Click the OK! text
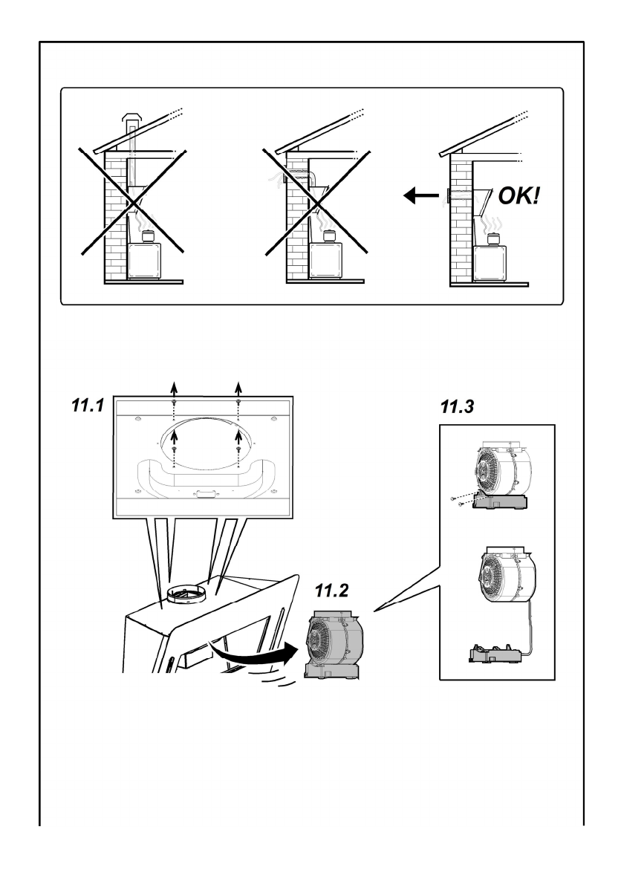click(x=519, y=196)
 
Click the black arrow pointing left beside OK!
click(x=421, y=196)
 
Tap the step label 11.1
click(x=88, y=405)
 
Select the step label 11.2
click(x=331, y=591)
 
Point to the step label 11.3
click(x=457, y=406)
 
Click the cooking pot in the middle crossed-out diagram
click(x=328, y=235)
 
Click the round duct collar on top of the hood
click(x=186, y=593)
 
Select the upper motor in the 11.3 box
click(x=501, y=476)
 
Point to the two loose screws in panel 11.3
click(x=457, y=501)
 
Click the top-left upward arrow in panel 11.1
click(x=174, y=389)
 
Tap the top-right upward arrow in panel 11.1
click(x=239, y=389)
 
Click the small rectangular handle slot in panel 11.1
click(x=203, y=495)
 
